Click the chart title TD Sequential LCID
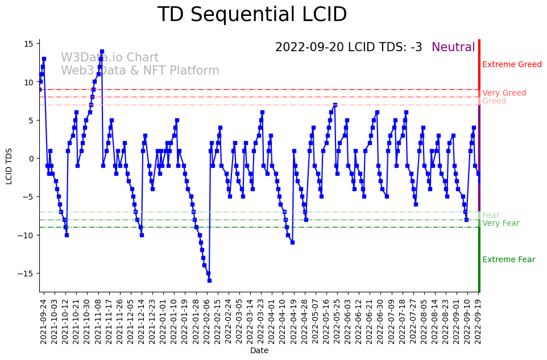(x=252, y=15)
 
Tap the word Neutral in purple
(x=453, y=48)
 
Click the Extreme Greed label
(x=512, y=65)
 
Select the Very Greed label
(x=504, y=93)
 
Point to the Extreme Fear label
(x=508, y=260)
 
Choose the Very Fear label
(x=500, y=224)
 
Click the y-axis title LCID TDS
(x=9, y=166)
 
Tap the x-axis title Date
(x=259, y=351)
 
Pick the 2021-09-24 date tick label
(x=43, y=322)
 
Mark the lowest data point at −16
(x=209, y=280)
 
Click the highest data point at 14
(x=102, y=51)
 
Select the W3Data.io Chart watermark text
(x=110, y=58)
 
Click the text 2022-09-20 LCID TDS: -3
(x=349, y=48)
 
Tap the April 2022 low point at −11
(x=292, y=242)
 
